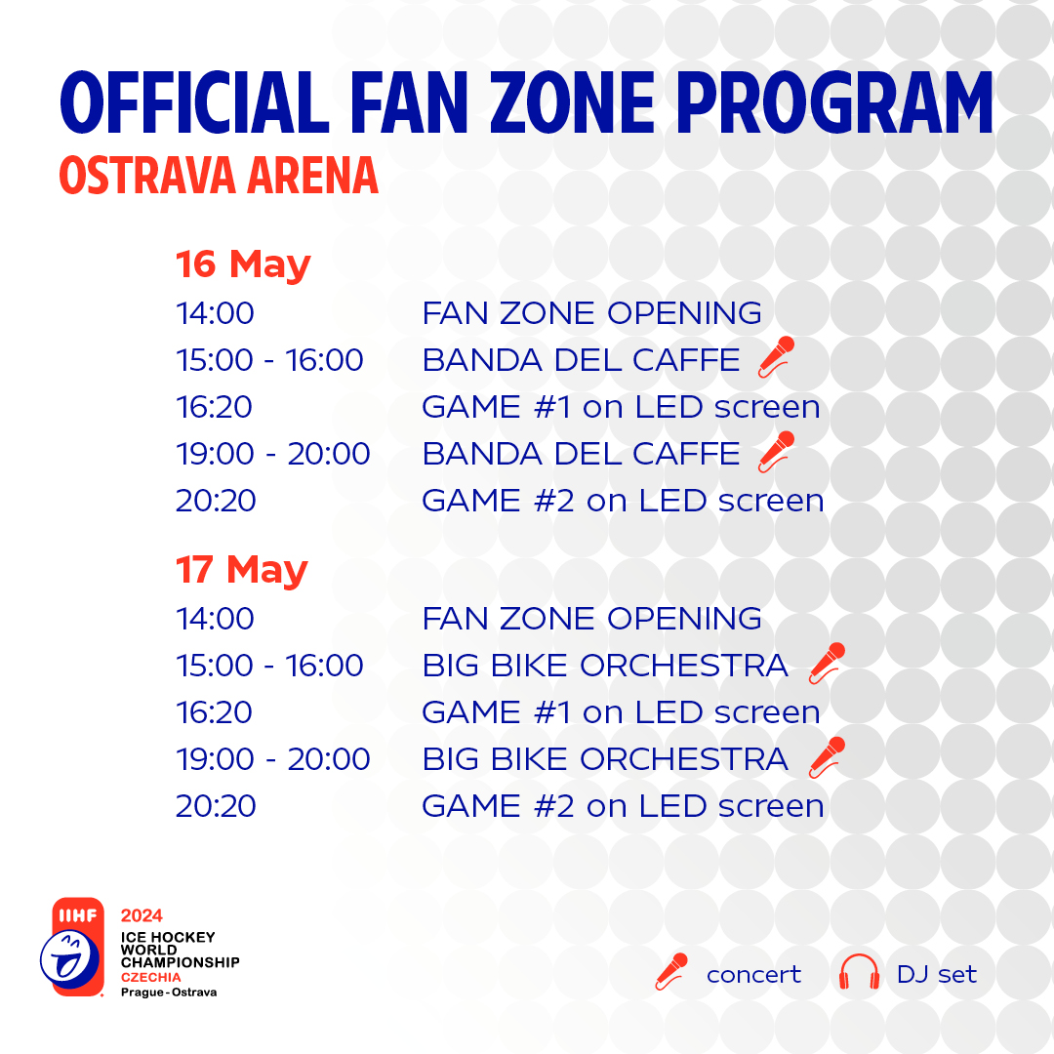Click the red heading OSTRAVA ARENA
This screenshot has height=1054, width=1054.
point(219,176)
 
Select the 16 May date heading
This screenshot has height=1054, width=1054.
point(243,264)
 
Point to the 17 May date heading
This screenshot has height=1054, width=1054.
point(242,570)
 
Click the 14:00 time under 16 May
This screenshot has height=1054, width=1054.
point(215,313)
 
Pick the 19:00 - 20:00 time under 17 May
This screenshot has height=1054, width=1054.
point(273,759)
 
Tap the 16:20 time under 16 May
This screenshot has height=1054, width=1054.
point(215,407)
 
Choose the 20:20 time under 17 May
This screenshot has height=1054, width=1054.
point(216,806)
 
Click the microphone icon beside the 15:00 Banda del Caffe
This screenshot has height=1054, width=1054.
point(777,357)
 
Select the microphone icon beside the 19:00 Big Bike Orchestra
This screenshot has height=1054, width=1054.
point(827,757)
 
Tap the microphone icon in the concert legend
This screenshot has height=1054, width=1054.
point(671,972)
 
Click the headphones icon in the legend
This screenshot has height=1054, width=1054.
point(859,972)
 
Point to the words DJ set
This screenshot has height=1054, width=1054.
point(936,974)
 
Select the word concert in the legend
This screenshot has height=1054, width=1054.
point(753,975)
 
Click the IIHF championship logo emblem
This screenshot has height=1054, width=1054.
point(72,947)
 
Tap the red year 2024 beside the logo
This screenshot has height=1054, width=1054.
point(142,915)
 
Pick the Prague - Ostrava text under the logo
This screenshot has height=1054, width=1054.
point(169,993)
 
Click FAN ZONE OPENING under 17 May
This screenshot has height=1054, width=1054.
point(591,619)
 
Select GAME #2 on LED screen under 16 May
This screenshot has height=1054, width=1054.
point(623,501)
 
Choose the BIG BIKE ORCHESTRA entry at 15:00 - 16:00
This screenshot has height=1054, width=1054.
point(605,666)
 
